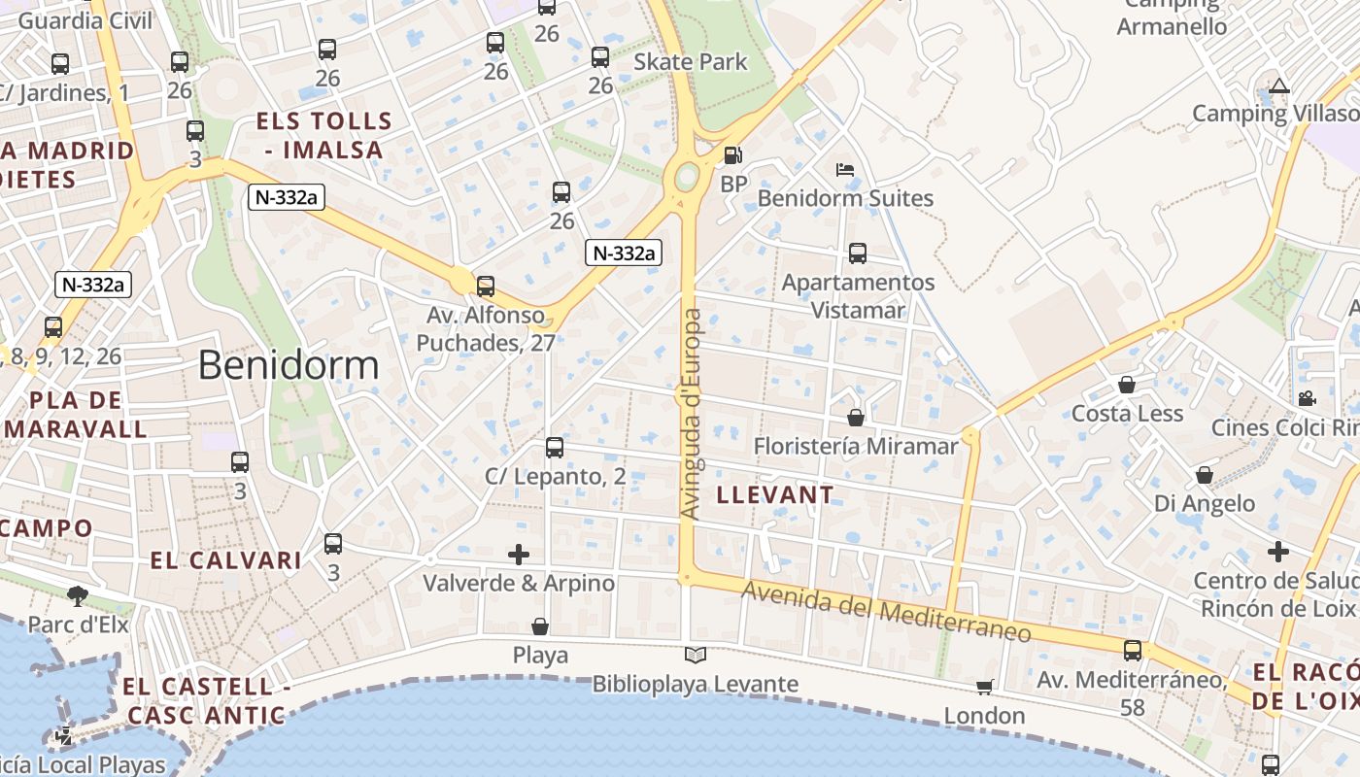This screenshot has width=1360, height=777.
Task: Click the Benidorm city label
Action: click(x=289, y=365)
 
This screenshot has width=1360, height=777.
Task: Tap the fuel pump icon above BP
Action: click(x=733, y=155)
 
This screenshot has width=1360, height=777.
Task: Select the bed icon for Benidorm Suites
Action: click(x=845, y=170)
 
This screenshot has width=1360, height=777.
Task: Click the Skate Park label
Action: click(x=691, y=62)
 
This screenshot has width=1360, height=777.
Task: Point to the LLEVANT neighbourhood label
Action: click(x=774, y=494)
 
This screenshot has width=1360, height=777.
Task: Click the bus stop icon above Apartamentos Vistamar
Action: click(x=857, y=253)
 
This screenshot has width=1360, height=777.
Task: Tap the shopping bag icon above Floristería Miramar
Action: click(x=856, y=418)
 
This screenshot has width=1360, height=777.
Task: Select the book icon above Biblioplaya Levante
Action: click(x=696, y=656)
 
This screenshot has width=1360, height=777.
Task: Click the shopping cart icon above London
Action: click(x=984, y=688)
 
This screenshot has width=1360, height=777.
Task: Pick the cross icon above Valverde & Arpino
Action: click(x=519, y=555)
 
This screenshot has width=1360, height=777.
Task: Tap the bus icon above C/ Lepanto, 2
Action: click(x=555, y=448)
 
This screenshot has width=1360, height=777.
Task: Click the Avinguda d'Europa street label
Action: click(x=691, y=414)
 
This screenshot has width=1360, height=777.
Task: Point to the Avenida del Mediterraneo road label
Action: click(x=886, y=611)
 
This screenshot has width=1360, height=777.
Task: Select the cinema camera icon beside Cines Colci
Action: click(x=1307, y=398)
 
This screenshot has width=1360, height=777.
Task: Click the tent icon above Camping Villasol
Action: click(x=1278, y=85)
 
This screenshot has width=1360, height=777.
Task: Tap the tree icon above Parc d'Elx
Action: click(x=78, y=594)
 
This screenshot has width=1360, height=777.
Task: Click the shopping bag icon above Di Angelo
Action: click(x=1204, y=475)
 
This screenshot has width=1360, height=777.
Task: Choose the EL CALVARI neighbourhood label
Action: click(x=225, y=560)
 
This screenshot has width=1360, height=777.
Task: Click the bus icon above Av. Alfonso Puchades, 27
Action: click(x=485, y=287)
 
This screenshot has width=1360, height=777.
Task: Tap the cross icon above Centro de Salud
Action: click(x=1277, y=553)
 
